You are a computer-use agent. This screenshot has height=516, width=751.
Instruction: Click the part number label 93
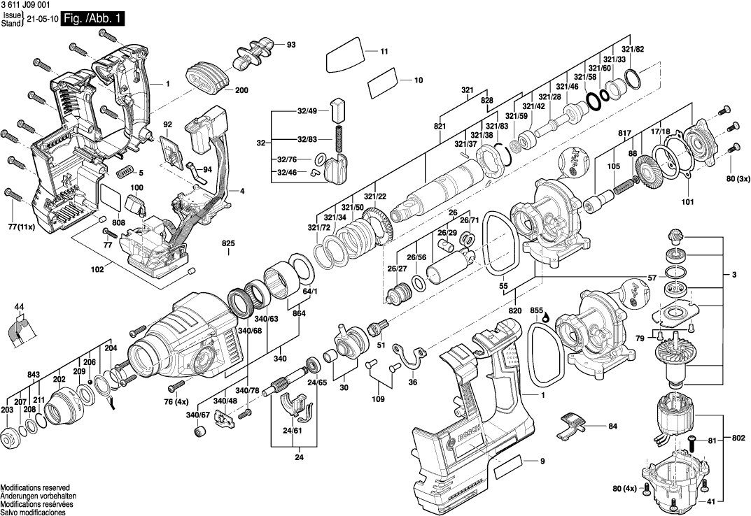[x=291, y=45]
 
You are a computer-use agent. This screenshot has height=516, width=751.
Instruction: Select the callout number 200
[x=241, y=90]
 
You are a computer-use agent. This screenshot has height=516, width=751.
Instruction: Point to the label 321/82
[x=633, y=48]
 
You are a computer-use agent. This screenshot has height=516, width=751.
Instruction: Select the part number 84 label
[x=612, y=426]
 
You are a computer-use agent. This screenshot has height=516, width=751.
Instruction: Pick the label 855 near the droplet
[x=536, y=309]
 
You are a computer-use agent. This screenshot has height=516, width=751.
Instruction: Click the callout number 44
[x=20, y=306]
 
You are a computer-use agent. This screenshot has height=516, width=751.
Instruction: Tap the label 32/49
[x=307, y=111]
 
